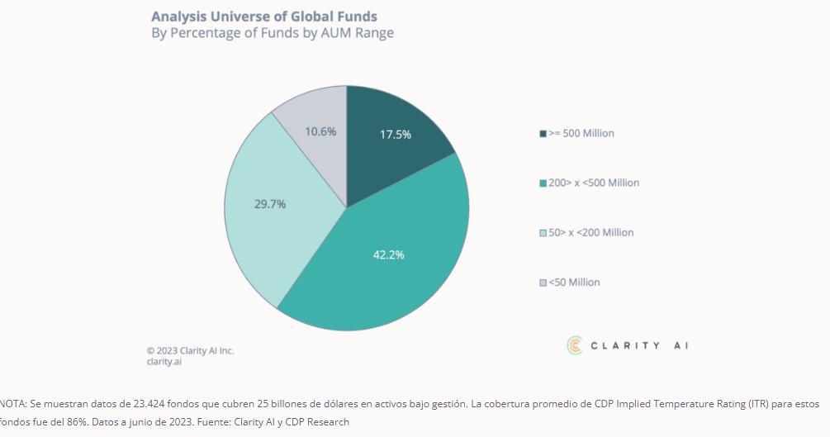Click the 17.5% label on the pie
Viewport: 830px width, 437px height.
pos(396,135)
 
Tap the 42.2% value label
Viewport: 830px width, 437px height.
pos(388,254)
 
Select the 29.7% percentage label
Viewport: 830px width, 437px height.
pos(270,204)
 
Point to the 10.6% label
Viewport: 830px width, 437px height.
pos(320,131)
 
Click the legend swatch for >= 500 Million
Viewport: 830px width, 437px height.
pos(543,134)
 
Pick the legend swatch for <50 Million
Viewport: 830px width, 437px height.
pos(543,283)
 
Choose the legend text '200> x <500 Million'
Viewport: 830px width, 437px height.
pos(594,183)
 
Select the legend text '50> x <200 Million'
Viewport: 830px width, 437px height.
pos(591,233)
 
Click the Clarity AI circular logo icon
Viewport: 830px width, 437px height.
pos(575,345)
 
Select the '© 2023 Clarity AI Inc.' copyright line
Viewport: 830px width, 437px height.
pos(190,350)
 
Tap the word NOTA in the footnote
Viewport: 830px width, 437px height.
pos(13,405)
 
